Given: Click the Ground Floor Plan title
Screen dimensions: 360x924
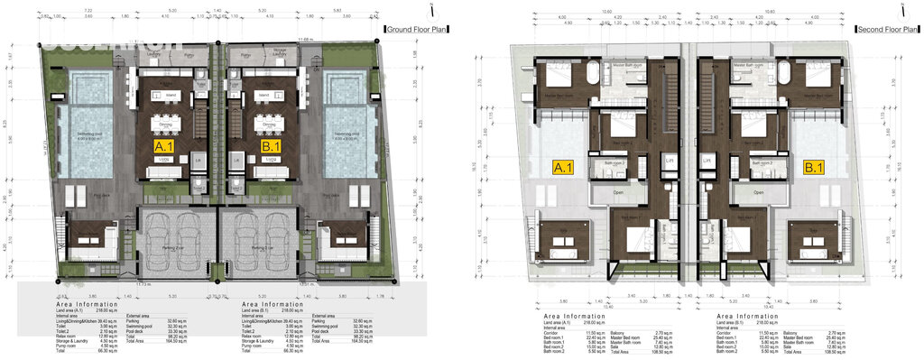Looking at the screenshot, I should point(418,30).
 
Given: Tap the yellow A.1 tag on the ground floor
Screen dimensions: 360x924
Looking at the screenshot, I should point(166,144).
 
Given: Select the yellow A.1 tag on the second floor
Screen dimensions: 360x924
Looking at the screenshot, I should point(564,167).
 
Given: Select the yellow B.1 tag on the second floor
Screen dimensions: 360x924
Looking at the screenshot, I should point(814,167).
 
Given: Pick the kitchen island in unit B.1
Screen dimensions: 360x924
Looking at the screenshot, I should point(264,95).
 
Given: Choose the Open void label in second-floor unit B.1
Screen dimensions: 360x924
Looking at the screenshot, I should point(757,192).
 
